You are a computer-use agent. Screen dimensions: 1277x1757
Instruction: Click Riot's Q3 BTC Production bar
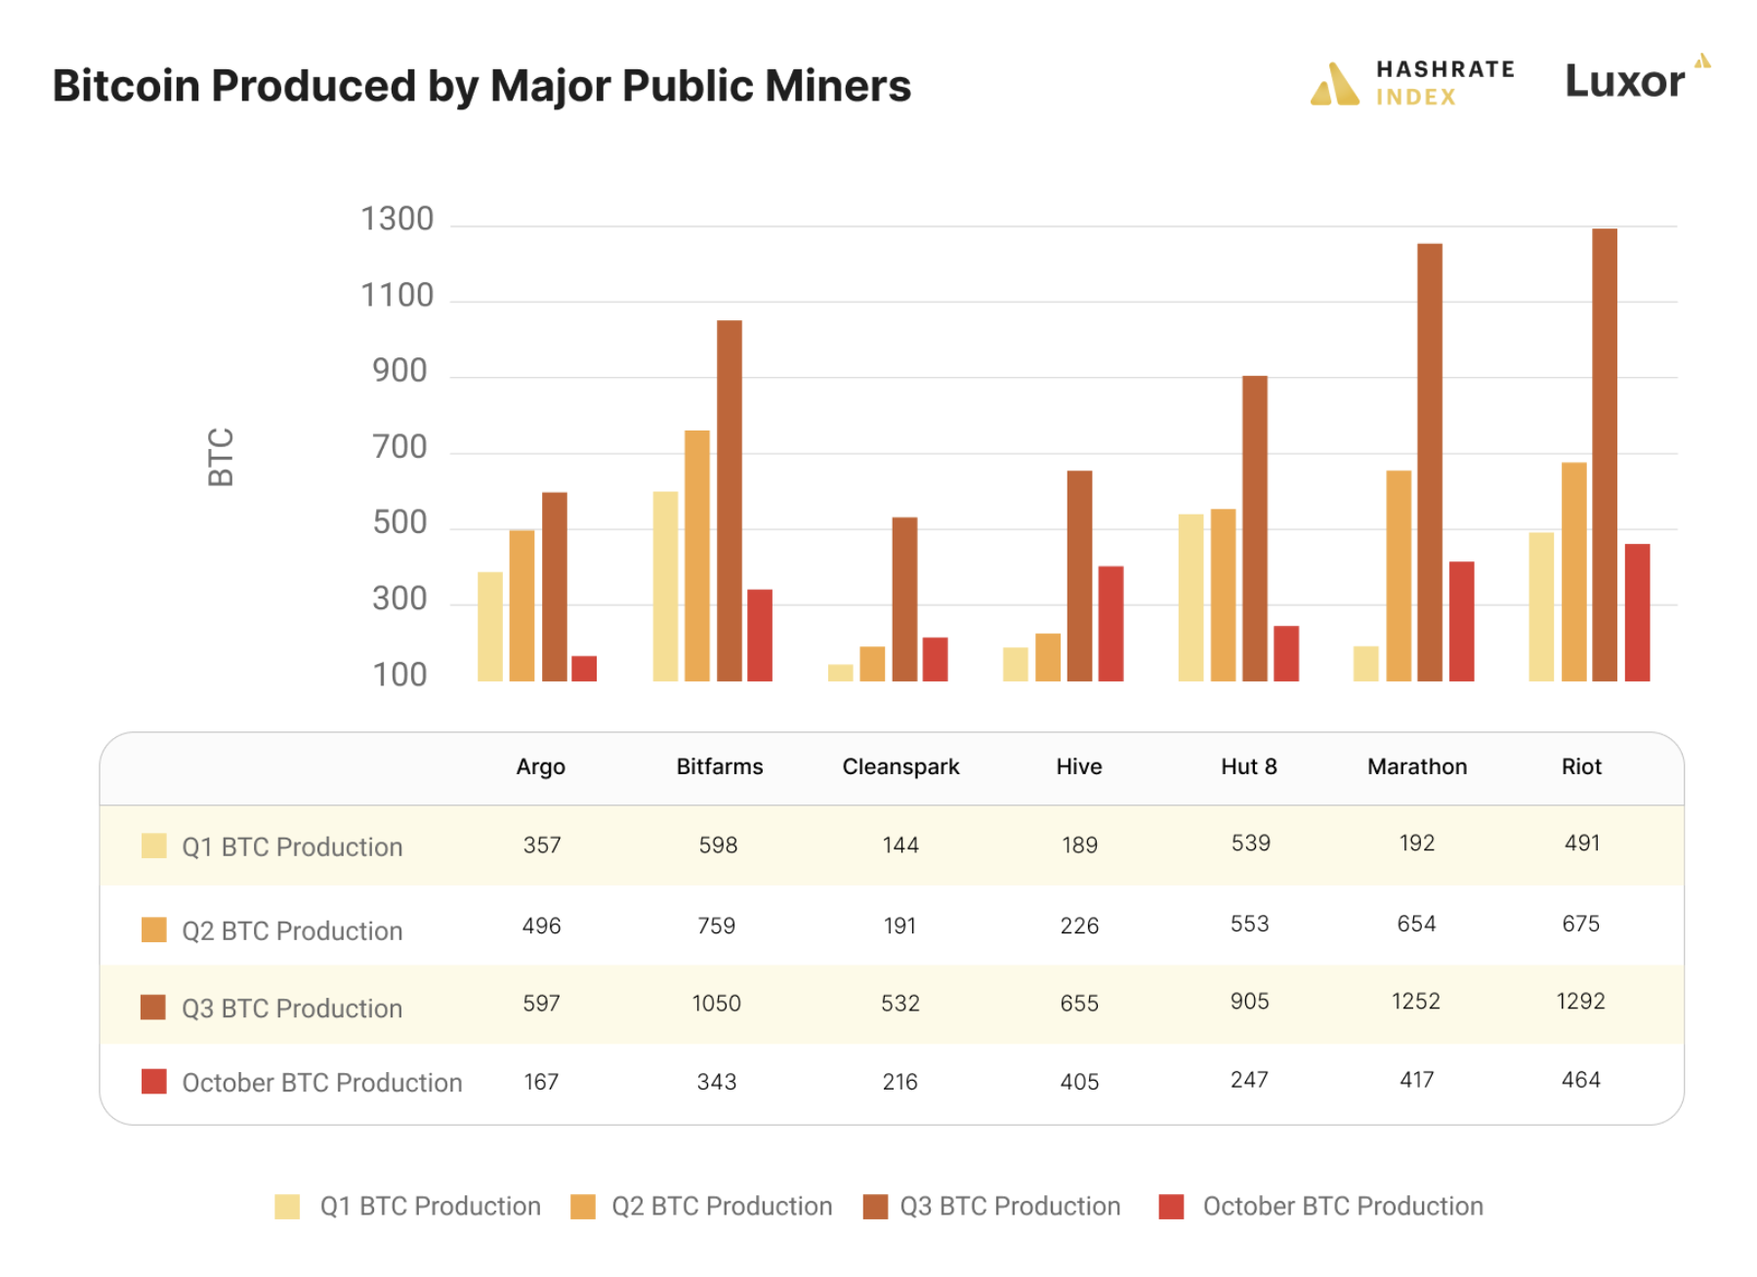[1604, 454]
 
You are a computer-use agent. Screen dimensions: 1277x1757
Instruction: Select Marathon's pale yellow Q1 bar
[1365, 663]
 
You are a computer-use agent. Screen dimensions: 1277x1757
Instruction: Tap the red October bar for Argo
[583, 668]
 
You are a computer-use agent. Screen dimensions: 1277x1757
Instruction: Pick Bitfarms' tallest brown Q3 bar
[729, 500]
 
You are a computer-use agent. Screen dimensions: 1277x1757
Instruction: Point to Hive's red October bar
[1110, 623]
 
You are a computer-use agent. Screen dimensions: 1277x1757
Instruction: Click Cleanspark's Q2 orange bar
[871, 663]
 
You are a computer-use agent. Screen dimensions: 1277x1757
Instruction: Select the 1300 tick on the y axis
[397, 219]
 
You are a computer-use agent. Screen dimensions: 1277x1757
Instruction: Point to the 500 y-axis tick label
[399, 522]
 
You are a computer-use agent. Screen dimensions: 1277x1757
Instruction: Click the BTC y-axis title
[221, 456]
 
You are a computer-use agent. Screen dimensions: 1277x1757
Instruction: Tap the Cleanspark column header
[899, 766]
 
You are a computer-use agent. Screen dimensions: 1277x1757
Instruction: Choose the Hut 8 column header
[1248, 766]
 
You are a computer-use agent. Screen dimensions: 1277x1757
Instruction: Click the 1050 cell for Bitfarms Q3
[716, 1003]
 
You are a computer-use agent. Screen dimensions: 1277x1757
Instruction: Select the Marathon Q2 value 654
[1415, 924]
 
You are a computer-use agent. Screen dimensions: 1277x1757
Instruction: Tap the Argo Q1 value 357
[541, 844]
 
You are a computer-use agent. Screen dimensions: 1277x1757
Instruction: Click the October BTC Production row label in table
[321, 1082]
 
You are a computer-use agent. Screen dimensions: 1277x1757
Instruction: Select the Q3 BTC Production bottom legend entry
[1009, 1206]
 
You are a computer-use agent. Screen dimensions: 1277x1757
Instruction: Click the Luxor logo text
[1623, 81]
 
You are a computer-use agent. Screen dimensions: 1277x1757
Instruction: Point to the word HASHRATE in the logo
[1444, 69]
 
